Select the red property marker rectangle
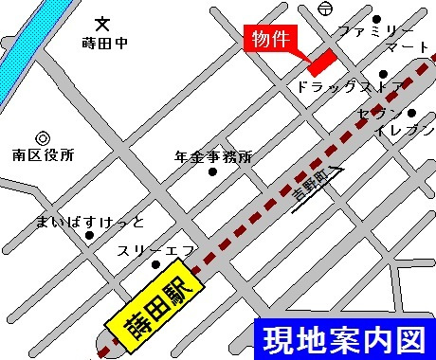321,60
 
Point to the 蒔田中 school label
105,43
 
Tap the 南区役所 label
43,154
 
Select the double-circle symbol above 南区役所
42,137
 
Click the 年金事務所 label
214,156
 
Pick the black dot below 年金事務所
211,172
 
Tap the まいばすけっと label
91,222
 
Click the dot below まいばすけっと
89,236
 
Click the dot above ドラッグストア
382,73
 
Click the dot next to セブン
411,114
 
